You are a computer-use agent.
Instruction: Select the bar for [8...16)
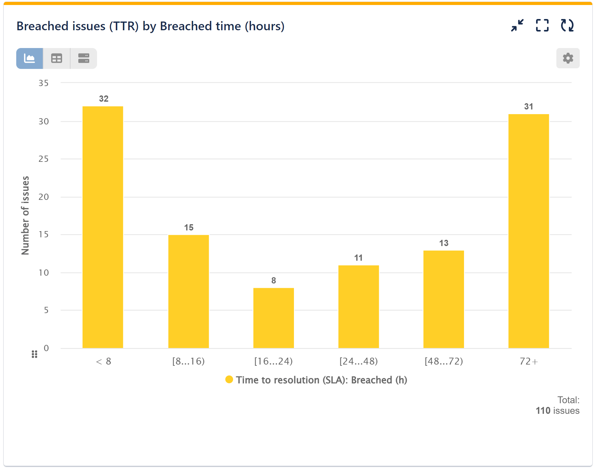tap(188, 291)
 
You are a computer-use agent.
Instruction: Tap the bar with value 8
tap(273, 318)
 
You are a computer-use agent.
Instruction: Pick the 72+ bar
tap(528, 231)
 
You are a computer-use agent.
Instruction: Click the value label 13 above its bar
tap(443, 243)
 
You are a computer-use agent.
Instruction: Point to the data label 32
tap(104, 99)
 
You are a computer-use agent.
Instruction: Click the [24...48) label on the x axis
tap(359, 361)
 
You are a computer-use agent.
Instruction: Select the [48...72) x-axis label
tap(443, 361)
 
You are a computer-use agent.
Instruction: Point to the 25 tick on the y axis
tap(44, 159)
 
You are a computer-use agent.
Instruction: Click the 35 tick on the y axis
tap(44, 83)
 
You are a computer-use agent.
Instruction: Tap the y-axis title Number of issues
tap(25, 215)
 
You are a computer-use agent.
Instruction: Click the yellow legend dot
tap(229, 380)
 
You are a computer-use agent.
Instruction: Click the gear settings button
tap(568, 58)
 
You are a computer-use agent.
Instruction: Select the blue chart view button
tap(30, 58)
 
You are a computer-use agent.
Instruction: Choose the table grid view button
tap(56, 58)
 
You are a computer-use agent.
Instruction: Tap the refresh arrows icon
tap(567, 26)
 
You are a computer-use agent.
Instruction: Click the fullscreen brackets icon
tap(542, 26)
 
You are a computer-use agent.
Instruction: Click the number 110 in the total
tap(543, 411)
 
